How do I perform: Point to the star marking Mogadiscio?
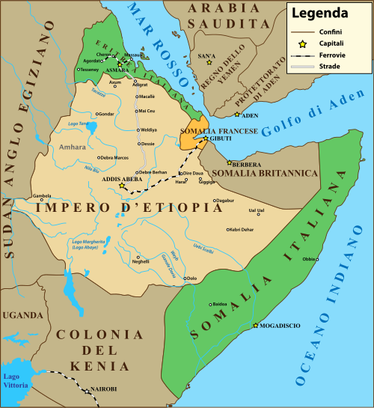pos(255,326)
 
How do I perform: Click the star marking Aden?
pos(237,115)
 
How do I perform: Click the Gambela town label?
pos(42,197)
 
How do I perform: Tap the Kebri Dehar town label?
pos(242,229)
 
